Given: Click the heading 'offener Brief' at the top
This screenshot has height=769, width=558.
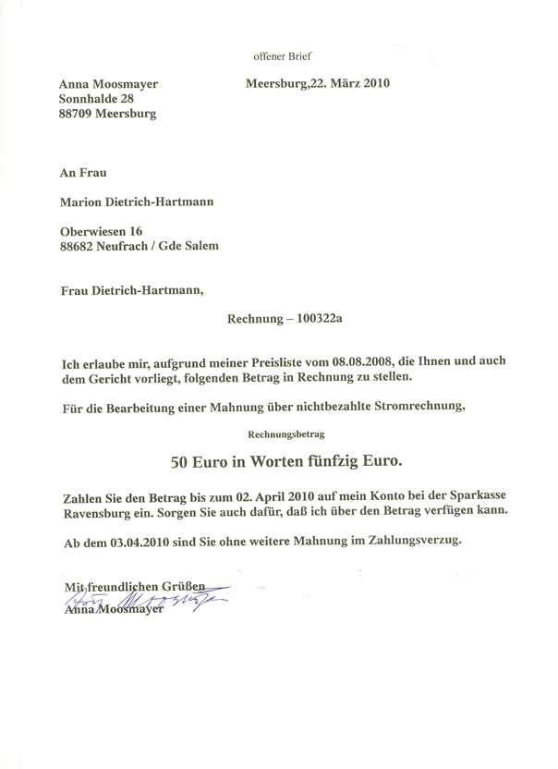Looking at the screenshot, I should pyautogui.click(x=287, y=56).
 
